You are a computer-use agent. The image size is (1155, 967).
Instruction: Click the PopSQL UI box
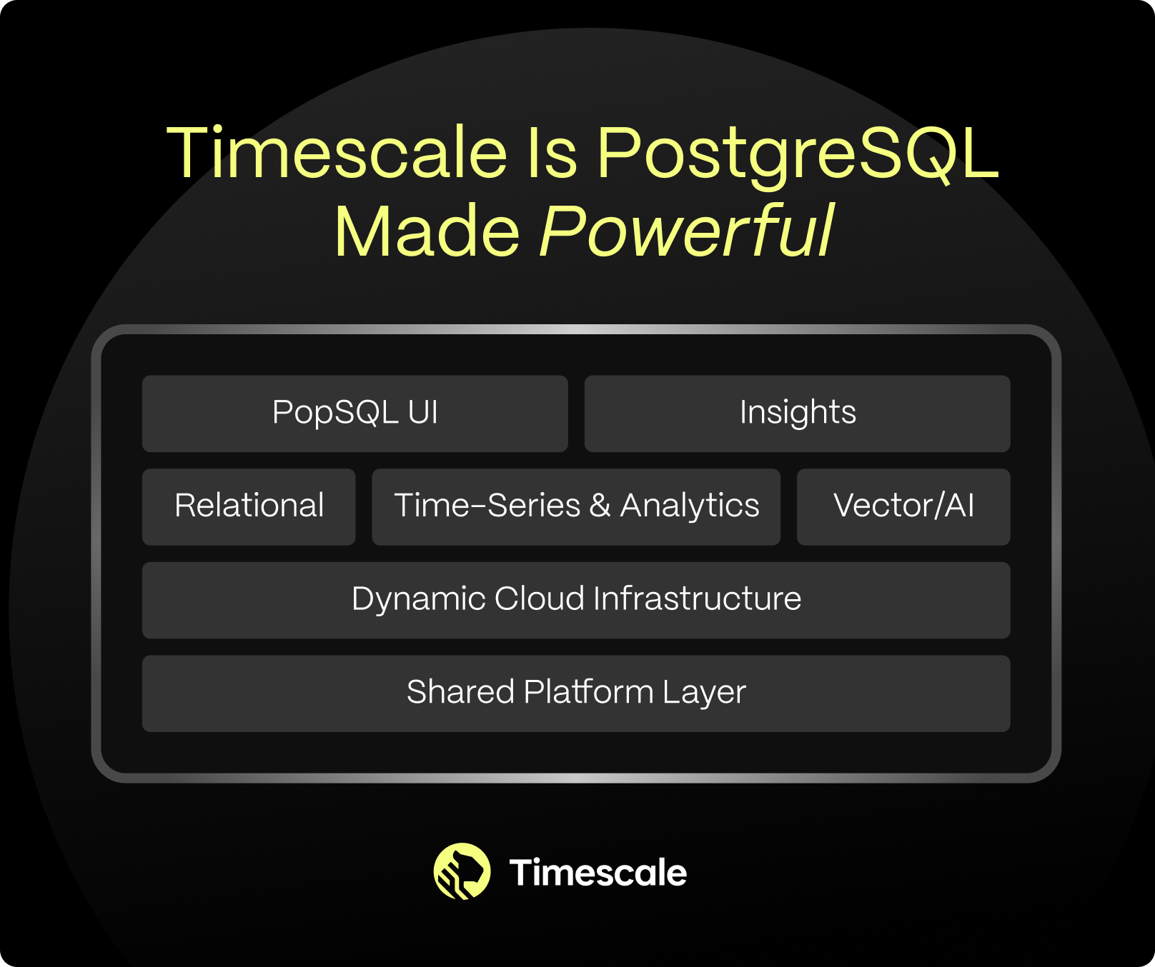tap(355, 414)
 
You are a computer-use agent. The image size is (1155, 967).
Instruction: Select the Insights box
tap(797, 414)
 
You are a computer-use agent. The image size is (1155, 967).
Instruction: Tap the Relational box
tap(249, 507)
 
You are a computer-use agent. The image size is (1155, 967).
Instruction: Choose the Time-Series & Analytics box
tap(576, 507)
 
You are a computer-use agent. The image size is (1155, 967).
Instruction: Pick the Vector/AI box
tap(903, 507)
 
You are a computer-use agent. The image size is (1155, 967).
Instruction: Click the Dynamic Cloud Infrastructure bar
tap(576, 601)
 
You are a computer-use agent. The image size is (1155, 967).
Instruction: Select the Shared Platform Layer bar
tap(576, 693)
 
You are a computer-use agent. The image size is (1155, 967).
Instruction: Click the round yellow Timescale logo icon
tap(462, 871)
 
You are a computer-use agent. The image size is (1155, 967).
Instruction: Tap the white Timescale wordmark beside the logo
tap(598, 873)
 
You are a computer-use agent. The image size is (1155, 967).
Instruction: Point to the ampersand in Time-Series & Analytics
tap(600, 506)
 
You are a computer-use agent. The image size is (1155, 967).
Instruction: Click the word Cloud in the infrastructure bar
tap(540, 598)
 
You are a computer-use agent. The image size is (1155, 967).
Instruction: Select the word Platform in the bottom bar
tap(589, 691)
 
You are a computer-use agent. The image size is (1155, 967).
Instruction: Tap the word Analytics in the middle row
tap(690, 506)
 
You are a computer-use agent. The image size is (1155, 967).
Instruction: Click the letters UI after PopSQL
tap(423, 412)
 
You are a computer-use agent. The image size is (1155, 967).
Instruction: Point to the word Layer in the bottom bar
tap(704, 693)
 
